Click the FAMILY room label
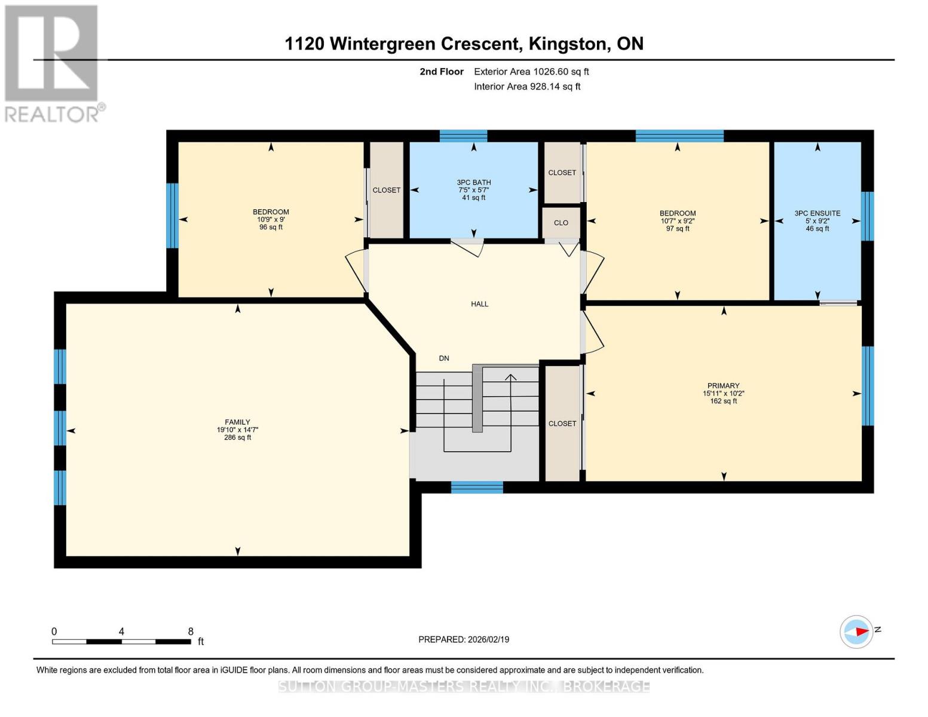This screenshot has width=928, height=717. click(x=237, y=422)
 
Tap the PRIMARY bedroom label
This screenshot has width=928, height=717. click(x=723, y=385)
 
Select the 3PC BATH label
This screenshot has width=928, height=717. click(x=473, y=182)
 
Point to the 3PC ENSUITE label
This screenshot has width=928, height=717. click(x=817, y=213)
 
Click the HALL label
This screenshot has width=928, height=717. click(x=479, y=304)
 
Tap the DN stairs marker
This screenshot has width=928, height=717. click(x=443, y=358)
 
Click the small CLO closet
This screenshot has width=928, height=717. click(x=561, y=223)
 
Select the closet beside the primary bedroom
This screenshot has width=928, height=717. click(x=562, y=423)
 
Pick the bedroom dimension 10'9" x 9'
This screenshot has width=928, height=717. click(x=271, y=219)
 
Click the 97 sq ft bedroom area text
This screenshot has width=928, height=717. click(x=678, y=228)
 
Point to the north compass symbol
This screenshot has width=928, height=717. click(x=857, y=632)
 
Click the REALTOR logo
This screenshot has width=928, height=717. click(x=53, y=63)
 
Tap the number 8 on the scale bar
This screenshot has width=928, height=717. click(x=191, y=632)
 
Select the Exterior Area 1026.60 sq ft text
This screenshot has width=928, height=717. click(x=531, y=72)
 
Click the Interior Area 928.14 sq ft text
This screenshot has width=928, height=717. click(x=527, y=87)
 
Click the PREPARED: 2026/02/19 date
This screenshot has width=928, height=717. click(x=464, y=639)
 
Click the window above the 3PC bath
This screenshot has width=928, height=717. click(x=463, y=136)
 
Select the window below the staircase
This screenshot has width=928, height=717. click(x=477, y=488)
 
